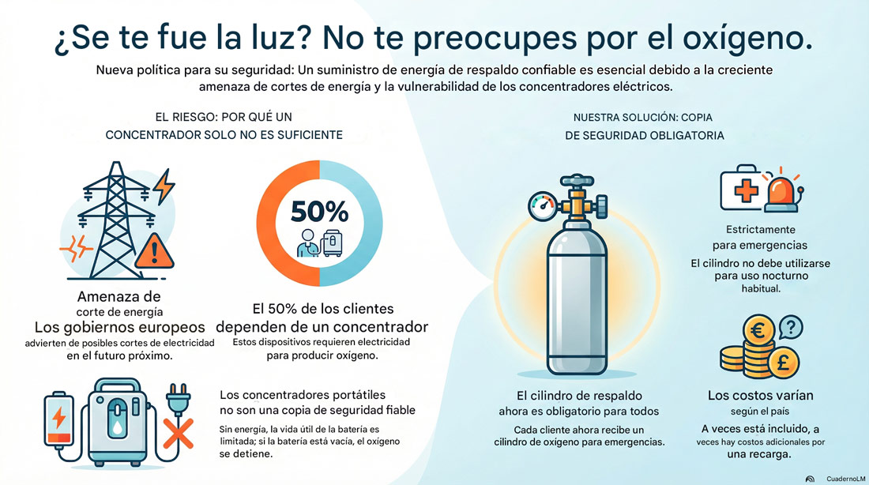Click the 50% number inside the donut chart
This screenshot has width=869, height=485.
[x=320, y=212]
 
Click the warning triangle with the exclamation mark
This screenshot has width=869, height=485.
[x=155, y=250]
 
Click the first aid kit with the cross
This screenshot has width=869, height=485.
[x=740, y=190]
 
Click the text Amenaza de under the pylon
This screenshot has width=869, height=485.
[x=118, y=297]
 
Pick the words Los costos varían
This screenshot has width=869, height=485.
[x=762, y=395]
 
